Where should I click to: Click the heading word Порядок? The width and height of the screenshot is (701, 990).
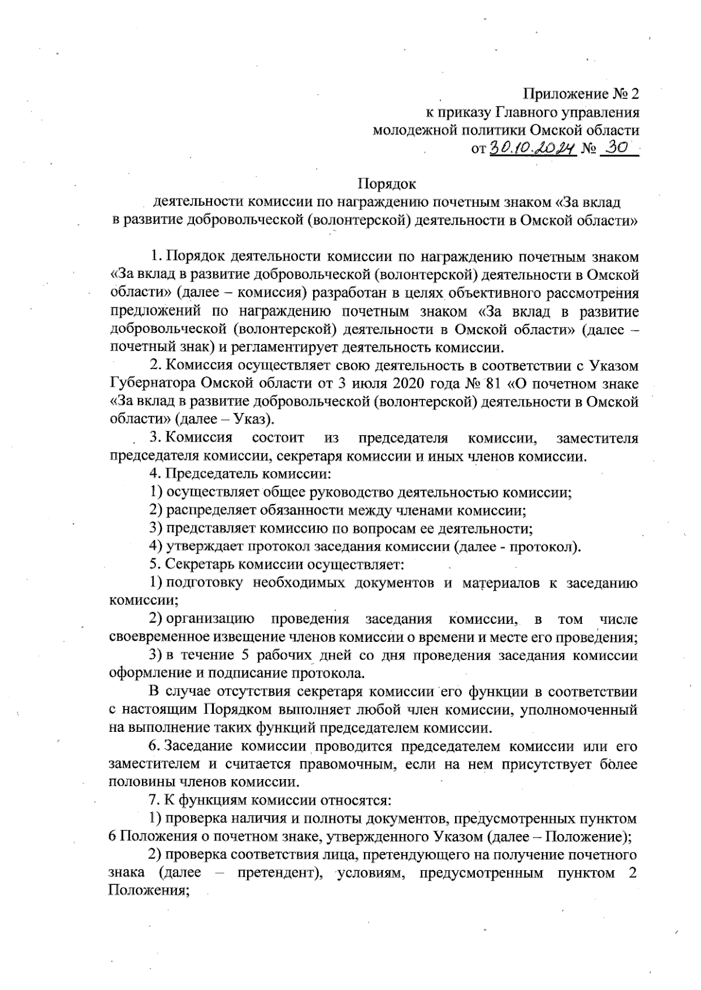[386, 184]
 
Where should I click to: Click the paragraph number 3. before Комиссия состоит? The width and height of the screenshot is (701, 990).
[155, 438]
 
